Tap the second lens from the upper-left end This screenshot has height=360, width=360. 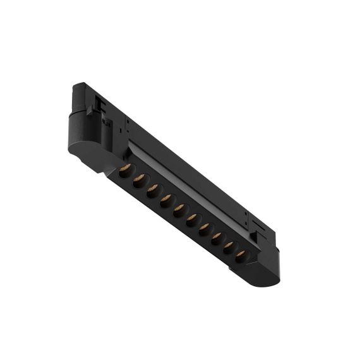click(x=140, y=179)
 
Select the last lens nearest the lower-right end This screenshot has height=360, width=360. click(x=241, y=256)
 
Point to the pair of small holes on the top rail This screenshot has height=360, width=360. click(x=127, y=123)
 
